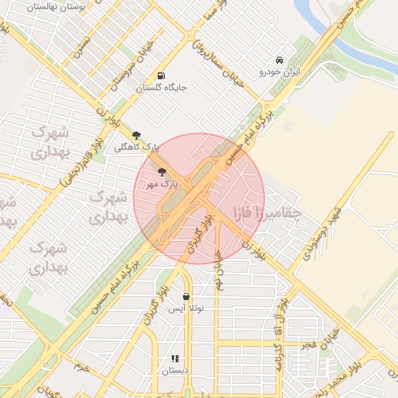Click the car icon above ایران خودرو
[279, 61]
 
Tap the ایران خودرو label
[279, 72]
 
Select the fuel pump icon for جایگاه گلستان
[161, 76]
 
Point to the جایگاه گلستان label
[162, 88]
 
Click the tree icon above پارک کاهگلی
[137, 135]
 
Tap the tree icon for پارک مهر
[162, 172]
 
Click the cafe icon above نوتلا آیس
[186, 296]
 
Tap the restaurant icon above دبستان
[175, 358]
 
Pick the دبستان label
[175, 371]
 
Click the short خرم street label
[81, 365]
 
